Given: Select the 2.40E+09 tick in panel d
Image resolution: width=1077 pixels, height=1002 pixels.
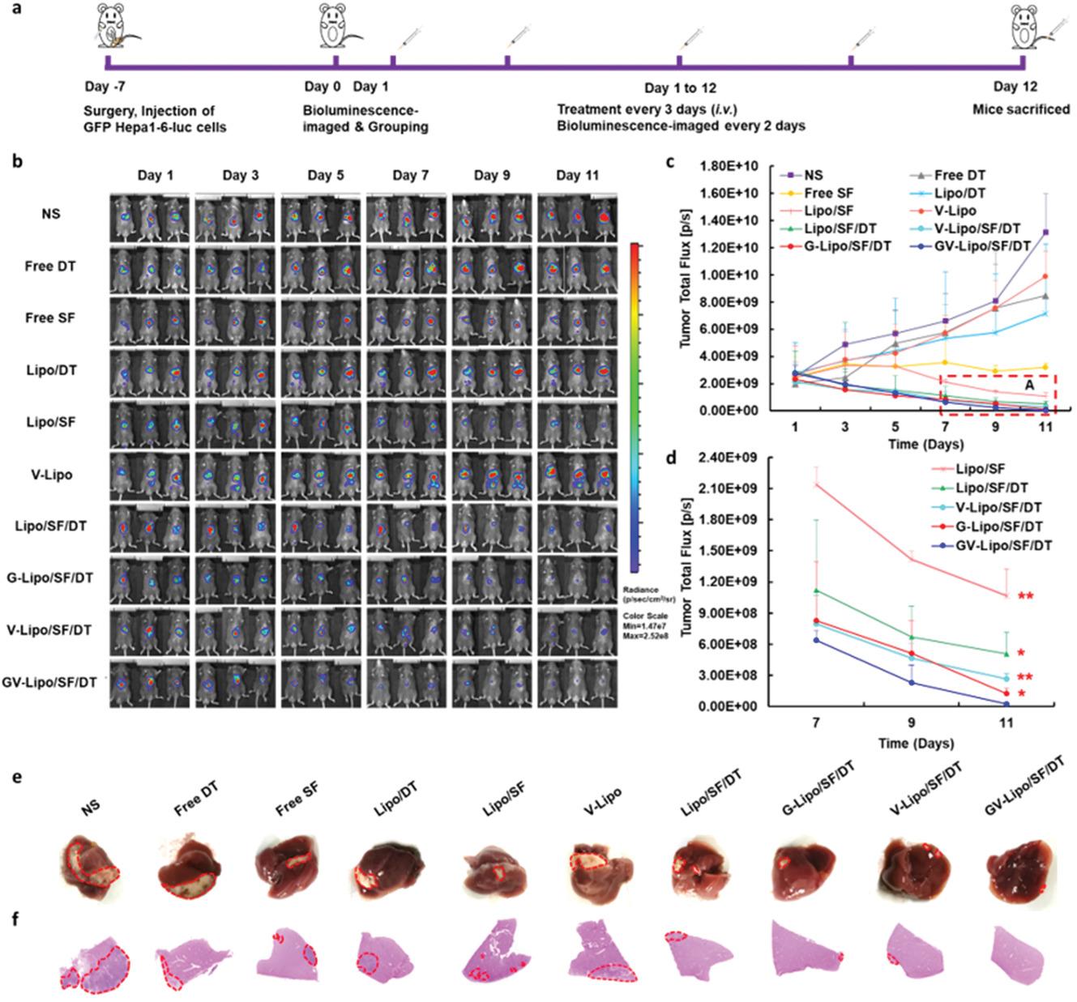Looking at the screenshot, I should pyautogui.click(x=734, y=458).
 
